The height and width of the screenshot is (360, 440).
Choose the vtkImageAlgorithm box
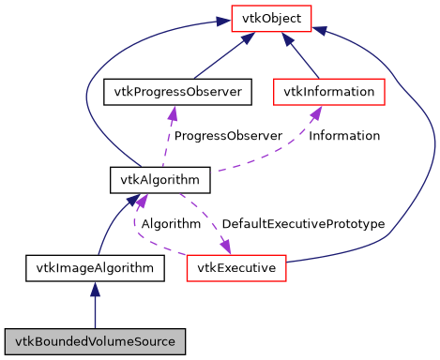point(95,268)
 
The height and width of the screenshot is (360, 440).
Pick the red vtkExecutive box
point(235,268)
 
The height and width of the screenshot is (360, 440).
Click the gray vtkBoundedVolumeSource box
point(95,340)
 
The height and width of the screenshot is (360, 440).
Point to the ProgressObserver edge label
point(228,136)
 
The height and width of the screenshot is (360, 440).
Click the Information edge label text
point(344,136)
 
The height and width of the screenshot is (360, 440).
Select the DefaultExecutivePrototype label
point(303,224)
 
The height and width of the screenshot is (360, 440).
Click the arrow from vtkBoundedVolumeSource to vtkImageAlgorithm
point(95,309)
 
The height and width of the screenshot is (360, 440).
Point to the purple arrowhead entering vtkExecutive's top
point(226,247)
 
